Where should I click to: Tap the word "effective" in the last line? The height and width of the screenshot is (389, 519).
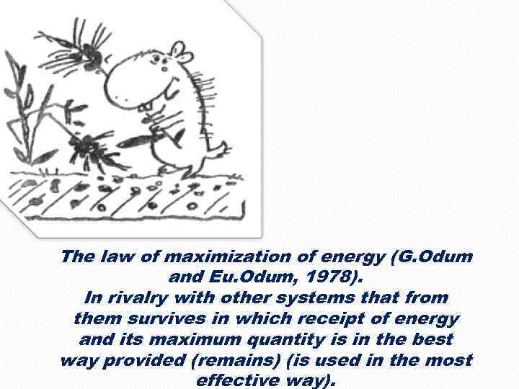(234, 380)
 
